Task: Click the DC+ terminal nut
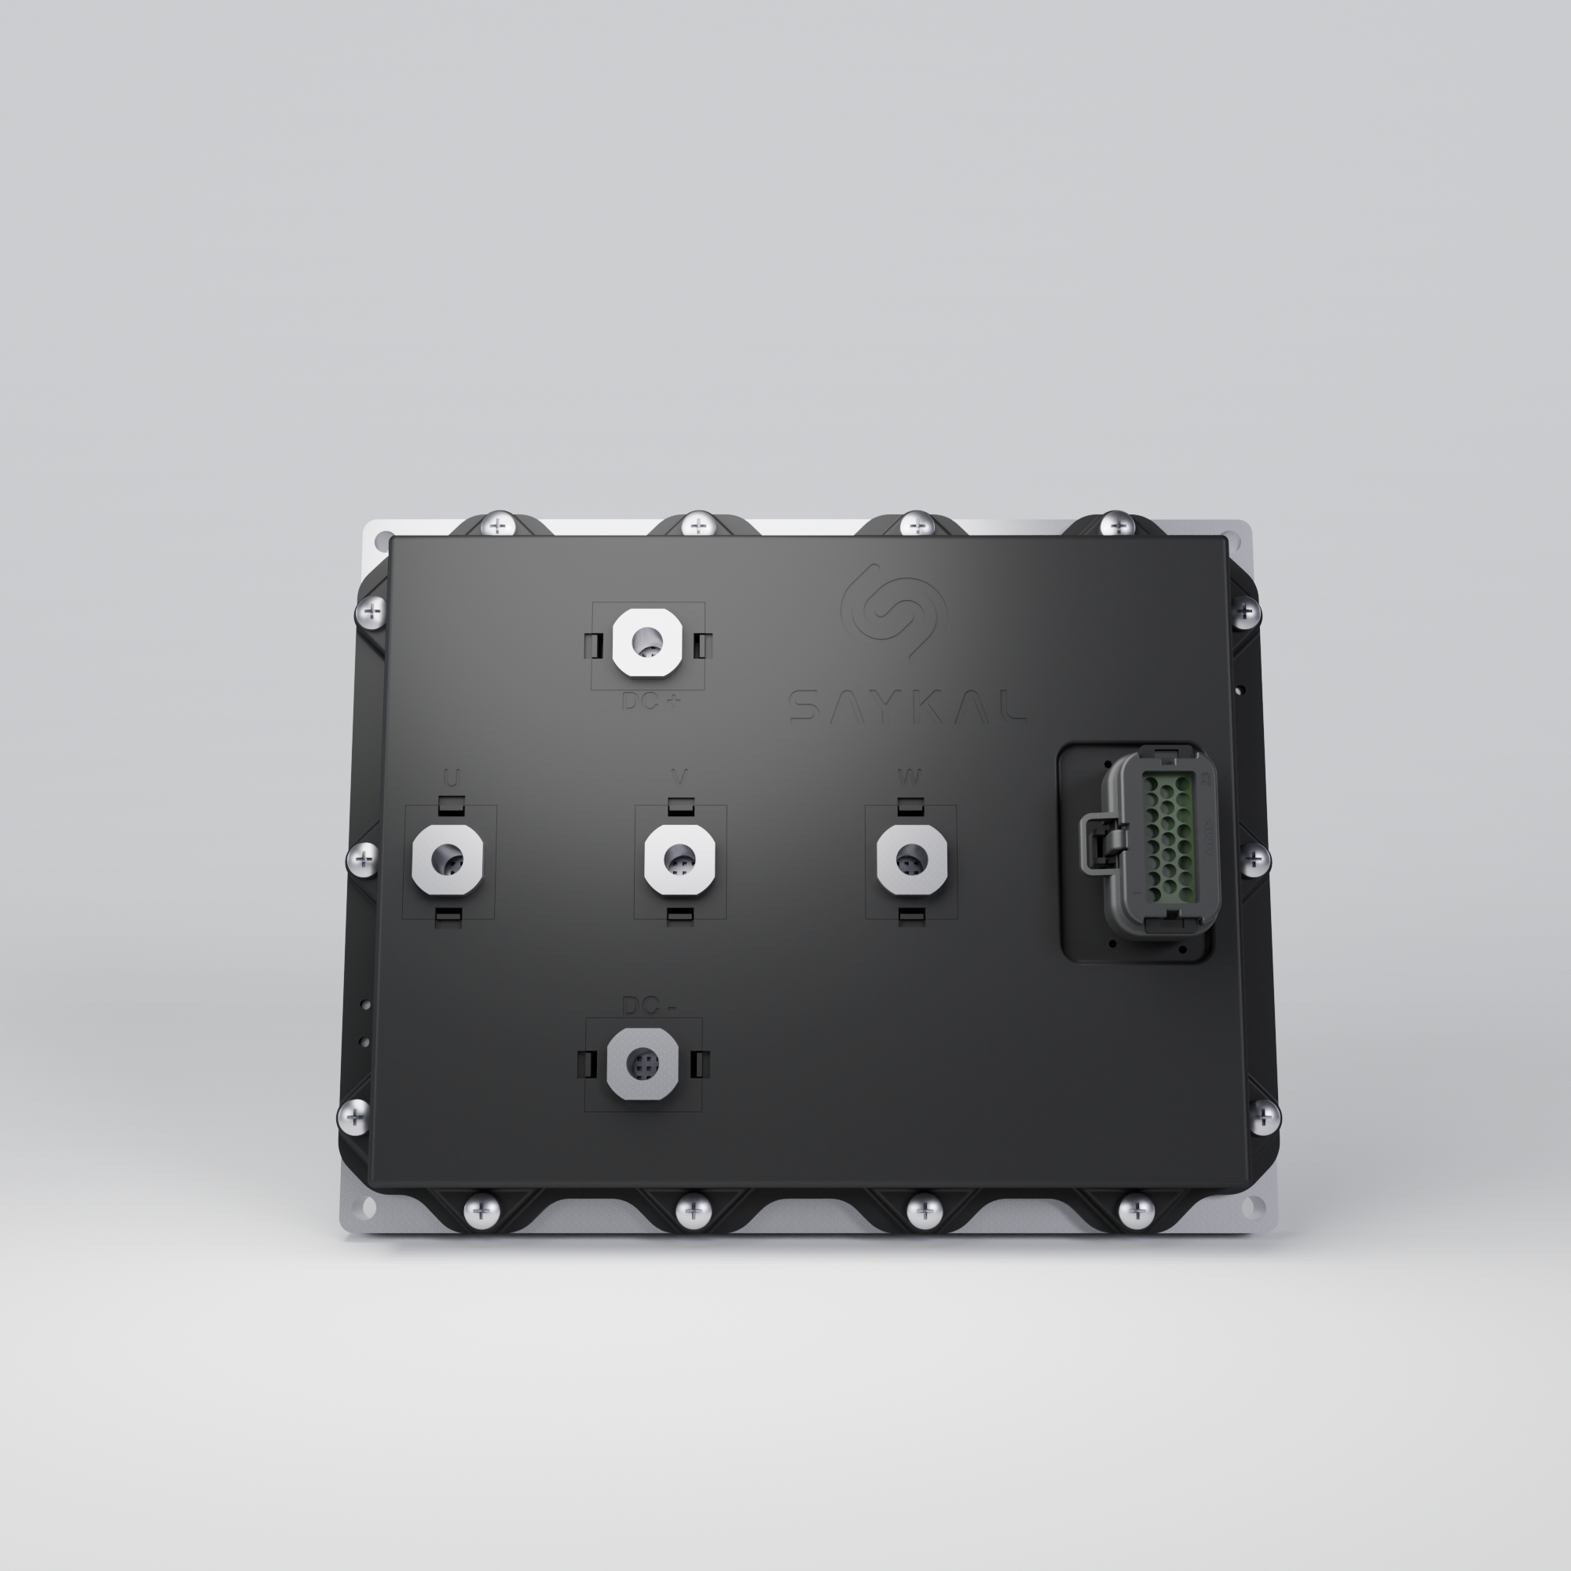pyautogui.click(x=646, y=643)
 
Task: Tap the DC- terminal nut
pyautogui.click(x=643, y=1064)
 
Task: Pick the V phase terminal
pyautogui.click(x=679, y=859)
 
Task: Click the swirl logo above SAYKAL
pyautogui.click(x=893, y=610)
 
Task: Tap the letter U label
pyautogui.click(x=452, y=778)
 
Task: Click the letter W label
pyautogui.click(x=909, y=778)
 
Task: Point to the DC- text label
pyautogui.click(x=648, y=1006)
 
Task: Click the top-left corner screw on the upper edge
pyautogui.click(x=499, y=525)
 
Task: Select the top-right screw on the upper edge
pyautogui.click(x=1116, y=525)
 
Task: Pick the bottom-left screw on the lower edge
pyautogui.click(x=482, y=1212)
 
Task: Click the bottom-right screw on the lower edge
pyautogui.click(x=1136, y=1212)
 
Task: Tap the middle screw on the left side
pyautogui.click(x=364, y=859)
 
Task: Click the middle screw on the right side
pyautogui.click(x=1254, y=859)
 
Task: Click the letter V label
pyautogui.click(x=679, y=778)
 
